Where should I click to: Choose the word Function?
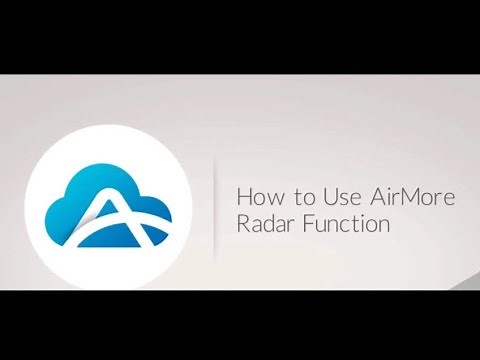(x=345, y=223)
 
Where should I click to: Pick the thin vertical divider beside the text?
(x=215, y=205)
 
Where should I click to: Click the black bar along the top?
(x=240, y=36)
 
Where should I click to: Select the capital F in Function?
(x=306, y=223)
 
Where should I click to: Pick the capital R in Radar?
(x=241, y=223)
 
